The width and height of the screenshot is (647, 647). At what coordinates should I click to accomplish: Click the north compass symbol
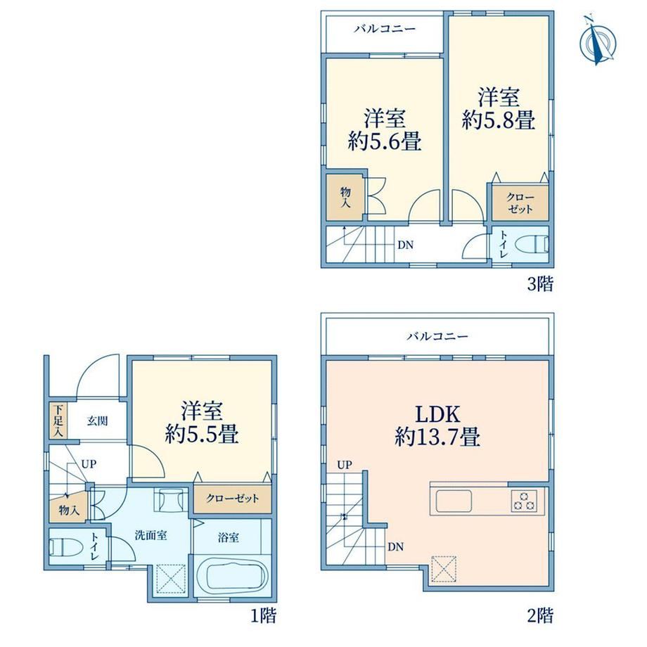point(598,41)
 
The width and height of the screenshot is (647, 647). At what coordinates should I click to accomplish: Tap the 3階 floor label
point(540,284)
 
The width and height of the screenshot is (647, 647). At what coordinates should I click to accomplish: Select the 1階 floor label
point(263,616)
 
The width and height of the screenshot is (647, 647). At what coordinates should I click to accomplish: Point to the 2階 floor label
point(540,616)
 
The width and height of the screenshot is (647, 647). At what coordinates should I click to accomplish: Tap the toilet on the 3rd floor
point(541,244)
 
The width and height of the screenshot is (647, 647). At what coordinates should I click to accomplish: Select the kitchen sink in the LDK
point(454,501)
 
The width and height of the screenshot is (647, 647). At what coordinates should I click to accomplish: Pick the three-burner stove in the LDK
point(524,501)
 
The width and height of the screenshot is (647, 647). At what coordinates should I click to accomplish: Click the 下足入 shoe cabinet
point(58,421)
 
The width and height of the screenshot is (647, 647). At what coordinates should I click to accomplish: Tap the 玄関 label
point(97,421)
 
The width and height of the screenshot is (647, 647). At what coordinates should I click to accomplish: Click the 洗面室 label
point(151,535)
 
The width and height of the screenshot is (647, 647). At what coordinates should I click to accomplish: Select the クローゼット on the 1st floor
point(232,499)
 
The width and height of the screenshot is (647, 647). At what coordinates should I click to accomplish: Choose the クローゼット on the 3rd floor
point(520,203)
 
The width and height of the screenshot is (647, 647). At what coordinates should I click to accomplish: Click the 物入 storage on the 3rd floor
point(345,197)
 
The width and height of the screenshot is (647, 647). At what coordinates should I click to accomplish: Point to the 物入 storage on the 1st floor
point(69,511)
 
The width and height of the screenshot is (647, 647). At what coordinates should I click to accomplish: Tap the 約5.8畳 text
point(499,120)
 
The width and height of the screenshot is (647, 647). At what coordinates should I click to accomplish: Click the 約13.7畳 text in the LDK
point(437,437)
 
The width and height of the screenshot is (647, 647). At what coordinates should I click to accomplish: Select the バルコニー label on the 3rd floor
point(385,28)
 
